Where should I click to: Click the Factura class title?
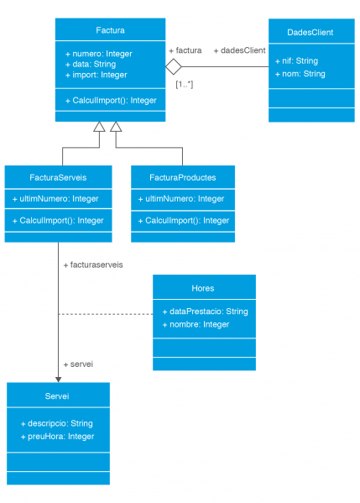(x=110, y=31)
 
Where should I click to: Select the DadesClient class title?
(x=310, y=32)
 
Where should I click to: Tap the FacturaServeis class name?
(x=58, y=177)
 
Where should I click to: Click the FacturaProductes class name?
(x=183, y=177)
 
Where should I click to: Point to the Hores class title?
(x=203, y=288)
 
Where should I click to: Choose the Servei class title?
(x=57, y=395)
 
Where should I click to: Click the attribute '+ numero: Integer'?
(x=98, y=54)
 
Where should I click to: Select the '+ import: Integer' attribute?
(x=96, y=75)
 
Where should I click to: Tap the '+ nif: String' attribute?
(x=296, y=60)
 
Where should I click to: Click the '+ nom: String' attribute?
(x=300, y=74)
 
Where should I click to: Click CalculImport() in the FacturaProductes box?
(x=183, y=220)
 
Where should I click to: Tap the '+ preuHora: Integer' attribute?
(x=57, y=436)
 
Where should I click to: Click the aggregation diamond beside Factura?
(x=174, y=66)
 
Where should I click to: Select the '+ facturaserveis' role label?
(x=93, y=265)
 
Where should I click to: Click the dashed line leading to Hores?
(x=105, y=315)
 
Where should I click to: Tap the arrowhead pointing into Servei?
(x=58, y=379)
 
